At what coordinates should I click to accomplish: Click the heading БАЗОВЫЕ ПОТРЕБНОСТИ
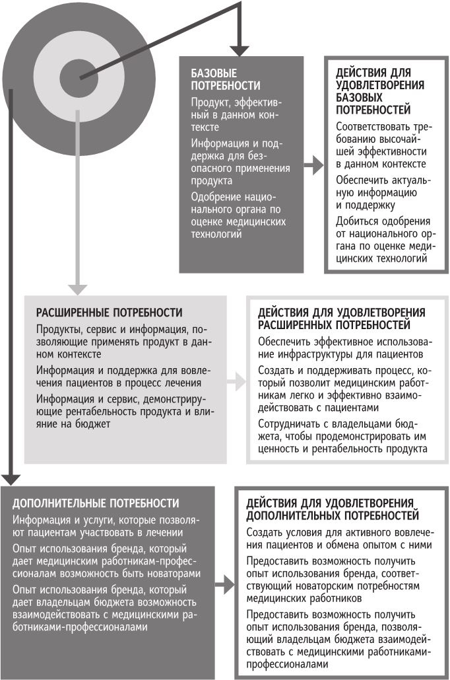pyautogui.click(x=216, y=79)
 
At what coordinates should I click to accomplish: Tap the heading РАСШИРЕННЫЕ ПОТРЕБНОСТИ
pyautogui.click(x=109, y=312)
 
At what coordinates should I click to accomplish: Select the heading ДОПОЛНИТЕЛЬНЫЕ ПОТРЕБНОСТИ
pyautogui.click(x=96, y=503)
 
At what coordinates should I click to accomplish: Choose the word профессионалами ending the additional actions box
pyautogui.click(x=287, y=665)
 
